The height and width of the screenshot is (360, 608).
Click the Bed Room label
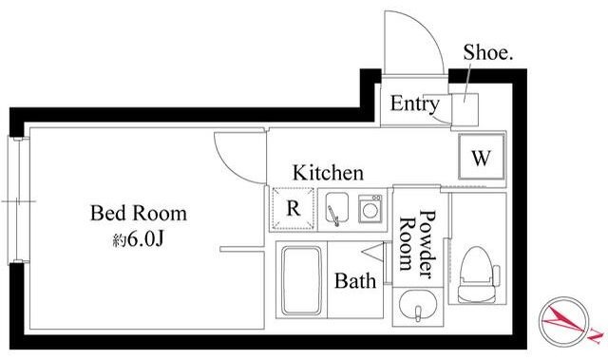[139, 213]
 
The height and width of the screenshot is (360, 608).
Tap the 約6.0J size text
[139, 240]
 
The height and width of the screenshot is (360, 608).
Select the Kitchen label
[328, 173]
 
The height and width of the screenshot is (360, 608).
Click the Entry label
[414, 104]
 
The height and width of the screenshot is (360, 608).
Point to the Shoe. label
[488, 52]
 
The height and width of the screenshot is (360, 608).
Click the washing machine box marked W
[482, 157]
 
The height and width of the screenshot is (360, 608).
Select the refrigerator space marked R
[294, 208]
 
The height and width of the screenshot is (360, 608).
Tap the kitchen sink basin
[336, 209]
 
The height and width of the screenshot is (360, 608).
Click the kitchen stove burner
[370, 209]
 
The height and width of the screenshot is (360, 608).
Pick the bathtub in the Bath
[302, 280]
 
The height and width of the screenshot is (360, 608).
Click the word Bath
[355, 280]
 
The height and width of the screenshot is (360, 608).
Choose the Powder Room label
[418, 244]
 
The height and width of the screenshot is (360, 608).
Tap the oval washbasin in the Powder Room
[418, 305]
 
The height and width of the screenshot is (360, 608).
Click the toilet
[478, 275]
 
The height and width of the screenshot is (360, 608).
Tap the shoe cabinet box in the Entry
[465, 109]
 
